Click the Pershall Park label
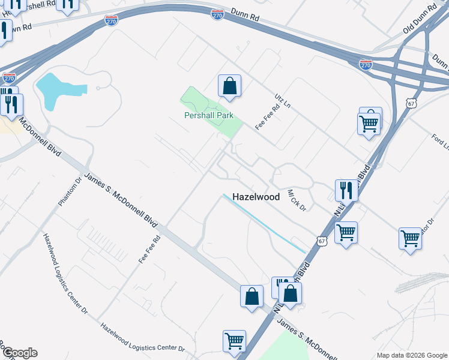(208, 116)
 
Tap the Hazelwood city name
(256, 196)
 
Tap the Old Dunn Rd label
(420, 20)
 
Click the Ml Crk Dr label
(297, 200)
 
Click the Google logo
(19, 353)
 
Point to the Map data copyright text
(412, 355)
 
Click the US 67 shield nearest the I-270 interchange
(411, 103)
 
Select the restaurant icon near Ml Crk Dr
(346, 190)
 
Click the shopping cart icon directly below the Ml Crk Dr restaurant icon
(346, 232)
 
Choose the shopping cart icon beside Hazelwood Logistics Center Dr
(234, 340)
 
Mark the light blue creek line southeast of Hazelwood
(264, 223)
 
